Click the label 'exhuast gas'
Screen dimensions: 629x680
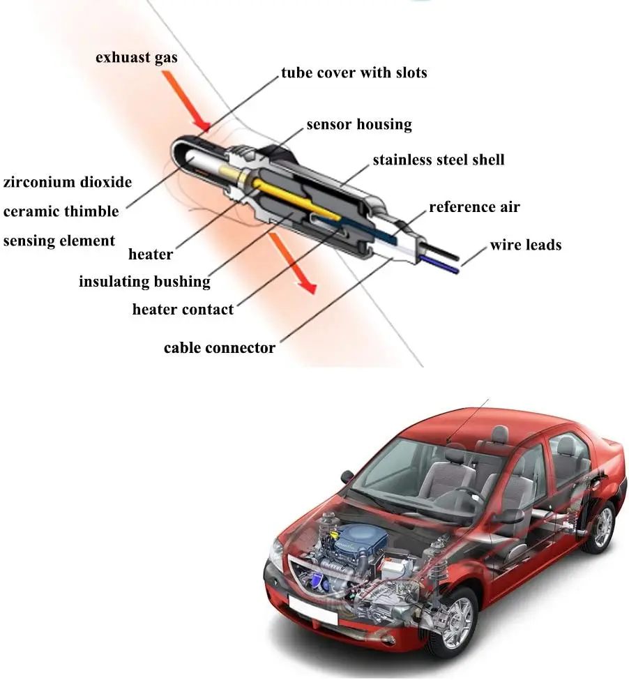click(137, 57)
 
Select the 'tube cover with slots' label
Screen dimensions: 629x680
click(354, 73)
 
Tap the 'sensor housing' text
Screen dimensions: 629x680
click(359, 125)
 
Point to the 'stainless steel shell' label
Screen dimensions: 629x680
click(438, 160)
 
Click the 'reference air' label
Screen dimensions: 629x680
click(474, 207)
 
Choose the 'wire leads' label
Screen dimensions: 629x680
click(525, 245)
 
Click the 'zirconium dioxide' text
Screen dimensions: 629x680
click(68, 183)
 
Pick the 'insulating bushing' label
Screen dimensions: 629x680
click(144, 282)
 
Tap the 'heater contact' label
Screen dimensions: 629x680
click(183, 309)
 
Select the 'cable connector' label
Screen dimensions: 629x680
click(220, 347)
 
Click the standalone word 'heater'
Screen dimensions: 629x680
click(151, 255)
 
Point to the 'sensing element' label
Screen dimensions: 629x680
click(59, 241)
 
